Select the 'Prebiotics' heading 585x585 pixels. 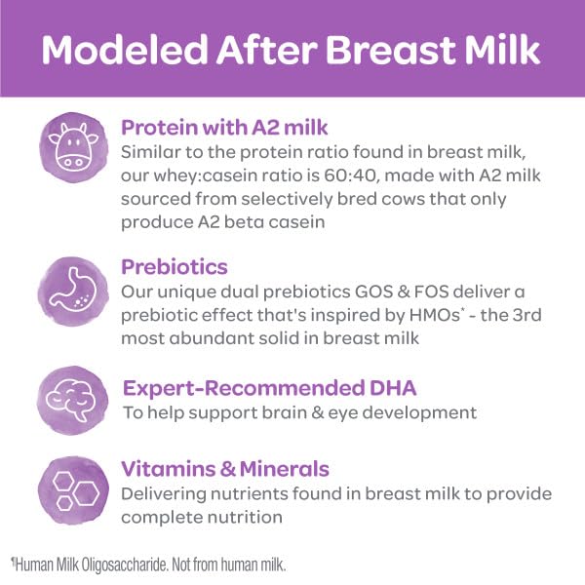[x=175, y=265]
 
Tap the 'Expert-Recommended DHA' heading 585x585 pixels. [x=269, y=388]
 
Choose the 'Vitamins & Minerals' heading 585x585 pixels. [x=224, y=468]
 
